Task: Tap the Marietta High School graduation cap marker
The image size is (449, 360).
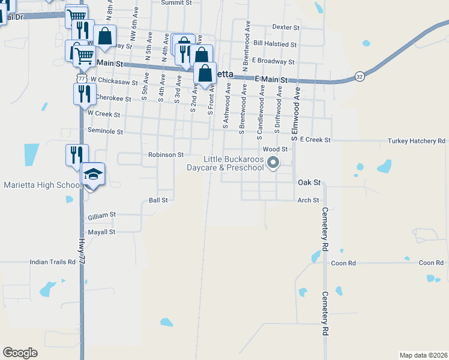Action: click(x=92, y=175)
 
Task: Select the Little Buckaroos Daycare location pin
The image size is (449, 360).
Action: click(x=274, y=162)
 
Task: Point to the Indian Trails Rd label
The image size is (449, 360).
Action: click(x=53, y=262)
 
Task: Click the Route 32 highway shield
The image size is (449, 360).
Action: click(x=359, y=76)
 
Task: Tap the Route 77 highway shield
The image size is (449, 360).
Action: click(x=80, y=79)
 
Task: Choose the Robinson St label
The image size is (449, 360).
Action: click(x=166, y=155)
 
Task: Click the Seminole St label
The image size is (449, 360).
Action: click(x=105, y=131)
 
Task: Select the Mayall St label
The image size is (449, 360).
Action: click(x=101, y=232)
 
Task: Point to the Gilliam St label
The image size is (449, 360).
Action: click(x=101, y=214)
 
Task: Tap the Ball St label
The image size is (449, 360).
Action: click(x=158, y=200)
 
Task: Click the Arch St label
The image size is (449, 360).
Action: click(x=307, y=200)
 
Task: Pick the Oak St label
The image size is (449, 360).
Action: click(x=310, y=182)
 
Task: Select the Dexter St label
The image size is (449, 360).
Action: click(x=285, y=27)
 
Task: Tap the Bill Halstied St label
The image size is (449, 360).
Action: click(x=275, y=44)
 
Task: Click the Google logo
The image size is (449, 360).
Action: click(x=20, y=353)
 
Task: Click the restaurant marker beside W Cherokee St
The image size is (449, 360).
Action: click(x=82, y=94)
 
